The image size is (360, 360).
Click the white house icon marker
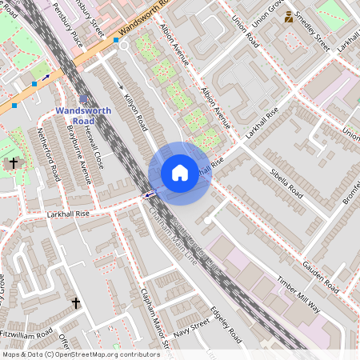(180, 172)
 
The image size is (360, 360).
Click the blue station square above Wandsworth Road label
(83, 99)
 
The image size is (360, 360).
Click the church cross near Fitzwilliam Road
(76, 303)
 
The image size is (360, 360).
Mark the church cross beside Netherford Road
(13, 162)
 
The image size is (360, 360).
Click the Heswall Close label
(94, 147)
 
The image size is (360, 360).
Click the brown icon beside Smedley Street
(289, 17)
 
